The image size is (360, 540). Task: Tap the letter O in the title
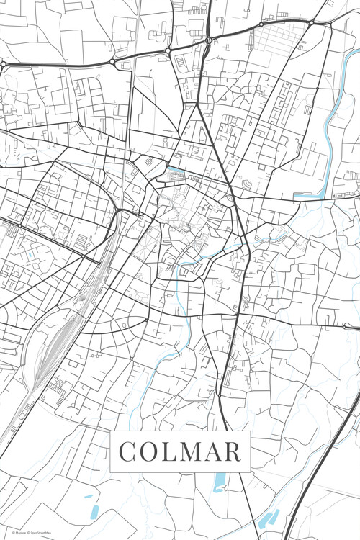[149, 452]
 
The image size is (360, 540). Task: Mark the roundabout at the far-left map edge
[3, 64]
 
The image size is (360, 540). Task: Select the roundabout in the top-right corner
[311, 24]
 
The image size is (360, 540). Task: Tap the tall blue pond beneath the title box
[219, 482]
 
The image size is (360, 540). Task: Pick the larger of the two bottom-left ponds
[94, 512]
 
